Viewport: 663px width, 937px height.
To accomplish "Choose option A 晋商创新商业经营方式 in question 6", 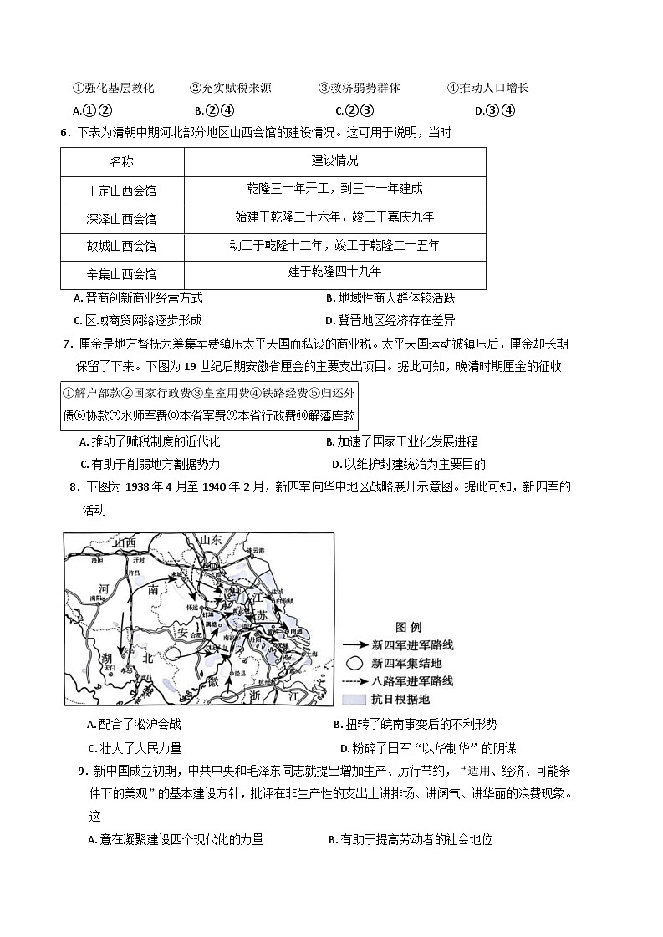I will (138, 298).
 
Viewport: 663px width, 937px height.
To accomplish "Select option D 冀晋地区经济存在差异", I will (390, 320).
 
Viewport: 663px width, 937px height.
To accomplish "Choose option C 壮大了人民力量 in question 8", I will (135, 748).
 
